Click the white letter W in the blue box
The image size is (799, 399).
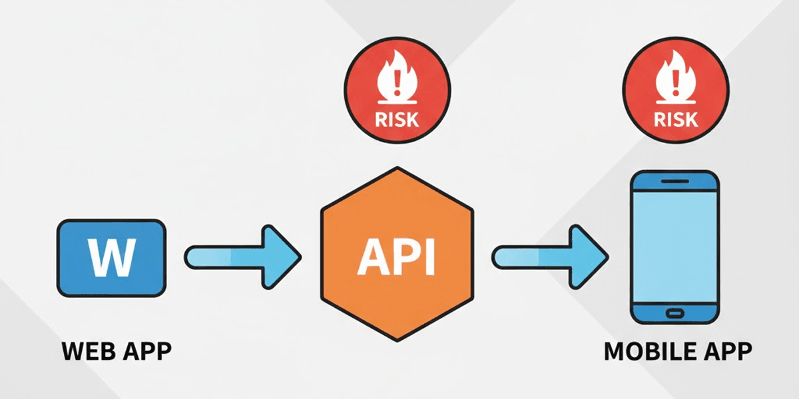pos(112,257)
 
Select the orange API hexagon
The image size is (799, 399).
pos(398,254)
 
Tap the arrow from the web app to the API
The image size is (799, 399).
pos(243,257)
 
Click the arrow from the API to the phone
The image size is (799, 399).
pos(550,257)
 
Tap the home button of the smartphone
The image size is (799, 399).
pos(675,313)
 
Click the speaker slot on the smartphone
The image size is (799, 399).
pos(675,182)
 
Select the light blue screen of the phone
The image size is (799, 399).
pos(675,247)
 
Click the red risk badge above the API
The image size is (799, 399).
pos(398,90)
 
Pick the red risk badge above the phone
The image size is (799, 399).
pos(676,90)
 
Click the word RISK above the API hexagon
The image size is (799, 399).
pos(397,119)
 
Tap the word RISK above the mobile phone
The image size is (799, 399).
pos(676,119)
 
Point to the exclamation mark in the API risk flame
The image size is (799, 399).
pos(398,83)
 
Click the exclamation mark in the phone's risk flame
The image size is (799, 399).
pos(676,83)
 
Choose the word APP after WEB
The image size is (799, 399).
pos(147,351)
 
